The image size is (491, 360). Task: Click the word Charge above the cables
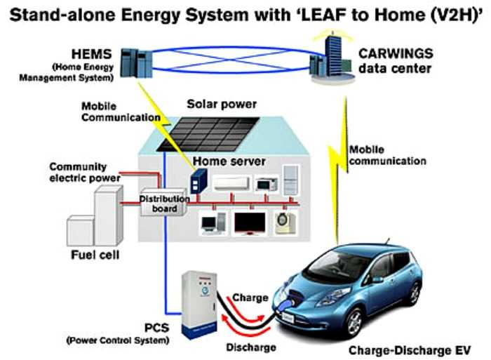(x=250, y=298)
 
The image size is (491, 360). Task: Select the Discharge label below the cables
(x=250, y=347)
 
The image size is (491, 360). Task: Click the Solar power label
(x=222, y=104)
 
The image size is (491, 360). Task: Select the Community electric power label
(x=78, y=172)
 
